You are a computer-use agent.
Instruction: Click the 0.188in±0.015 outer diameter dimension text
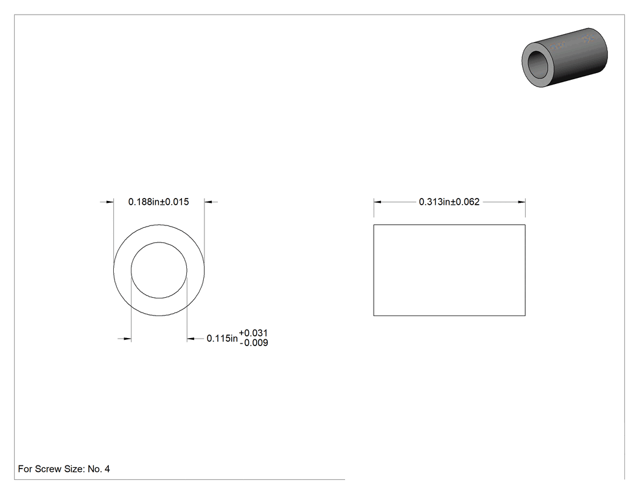(x=158, y=202)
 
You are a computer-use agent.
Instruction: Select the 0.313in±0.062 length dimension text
(x=449, y=202)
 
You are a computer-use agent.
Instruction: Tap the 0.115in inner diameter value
(x=222, y=339)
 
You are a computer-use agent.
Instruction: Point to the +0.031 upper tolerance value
(x=253, y=333)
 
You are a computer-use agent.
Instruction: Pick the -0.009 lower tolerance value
(x=254, y=343)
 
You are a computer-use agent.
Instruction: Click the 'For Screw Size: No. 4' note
(x=64, y=469)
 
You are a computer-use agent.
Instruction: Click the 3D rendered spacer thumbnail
(x=565, y=57)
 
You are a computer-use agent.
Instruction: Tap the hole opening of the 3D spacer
(x=539, y=65)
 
